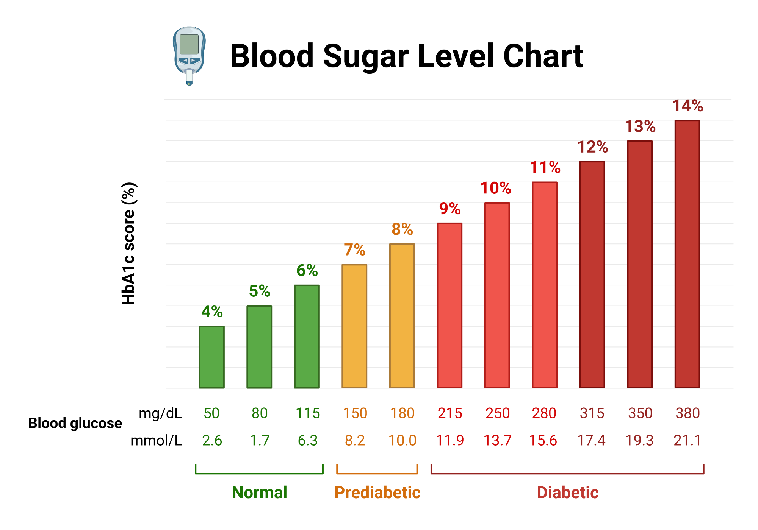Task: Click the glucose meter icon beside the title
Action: click(x=189, y=55)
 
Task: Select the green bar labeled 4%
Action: click(x=211, y=357)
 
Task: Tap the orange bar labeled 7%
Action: click(x=354, y=326)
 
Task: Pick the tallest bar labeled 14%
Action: click(x=687, y=254)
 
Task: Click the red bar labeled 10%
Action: click(x=497, y=295)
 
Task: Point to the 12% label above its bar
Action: click(x=592, y=147)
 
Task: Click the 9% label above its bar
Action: click(x=449, y=209)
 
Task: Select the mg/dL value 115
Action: click(x=307, y=413)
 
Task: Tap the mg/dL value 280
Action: click(x=544, y=413)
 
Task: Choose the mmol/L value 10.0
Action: click(x=402, y=440)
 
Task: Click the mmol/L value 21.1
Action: click(x=687, y=440)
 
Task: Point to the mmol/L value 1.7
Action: click(x=260, y=440)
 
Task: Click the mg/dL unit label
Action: click(x=160, y=413)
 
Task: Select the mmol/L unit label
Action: click(x=156, y=440)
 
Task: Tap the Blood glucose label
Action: click(x=75, y=423)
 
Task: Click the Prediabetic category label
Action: click(x=377, y=493)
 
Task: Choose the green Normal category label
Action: click(x=260, y=493)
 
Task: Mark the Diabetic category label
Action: click(x=567, y=493)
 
